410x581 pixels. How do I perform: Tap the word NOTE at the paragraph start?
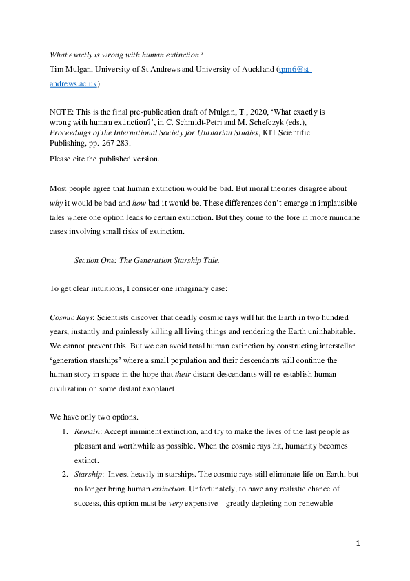point(63,110)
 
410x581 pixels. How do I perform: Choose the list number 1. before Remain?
point(65,431)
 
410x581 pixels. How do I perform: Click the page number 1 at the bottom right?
point(358,544)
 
